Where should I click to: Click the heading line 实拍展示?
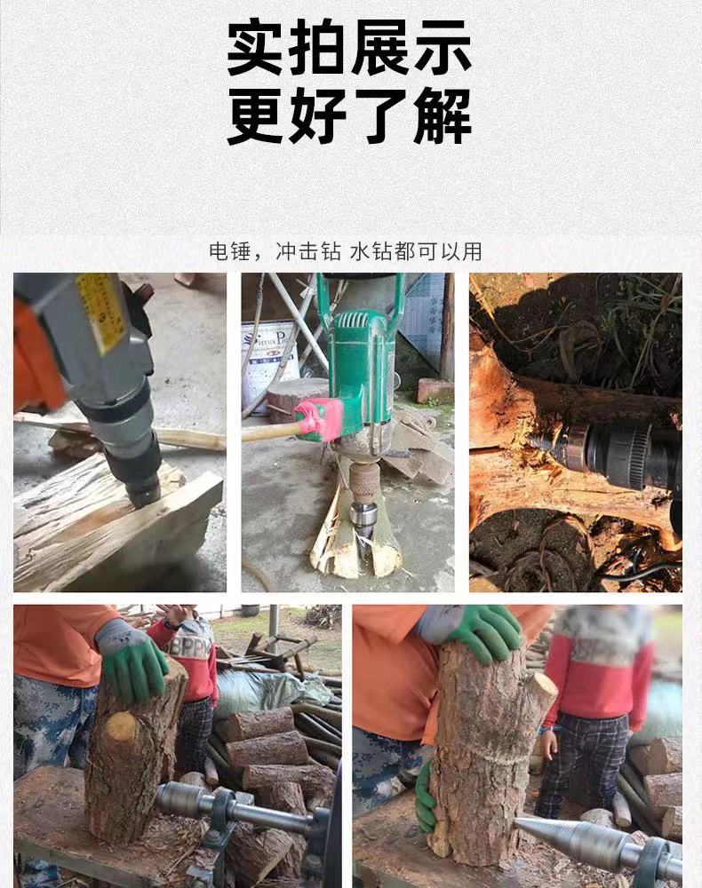click(349, 50)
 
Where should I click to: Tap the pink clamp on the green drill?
click(318, 420)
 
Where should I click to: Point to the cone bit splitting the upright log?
click(363, 524)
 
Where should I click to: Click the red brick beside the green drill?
click(435, 391)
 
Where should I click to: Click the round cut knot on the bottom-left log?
click(122, 727)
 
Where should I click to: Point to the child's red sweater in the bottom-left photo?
click(191, 662)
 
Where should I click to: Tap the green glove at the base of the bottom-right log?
click(426, 795)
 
